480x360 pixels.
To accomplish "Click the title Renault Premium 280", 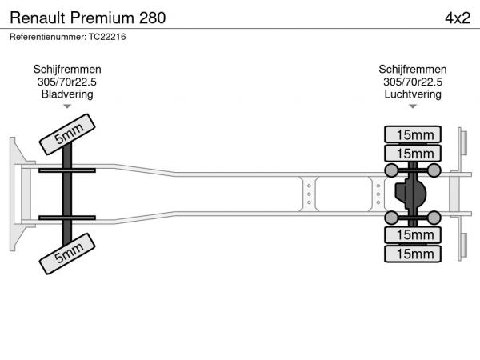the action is tap(88, 18).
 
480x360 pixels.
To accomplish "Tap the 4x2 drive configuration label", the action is tap(458, 18).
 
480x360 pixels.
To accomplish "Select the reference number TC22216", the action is tap(107, 37).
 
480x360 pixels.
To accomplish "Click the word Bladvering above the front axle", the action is tap(67, 94).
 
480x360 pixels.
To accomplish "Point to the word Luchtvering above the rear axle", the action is tap(413, 94).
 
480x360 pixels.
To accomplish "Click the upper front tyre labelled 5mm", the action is tap(67, 134).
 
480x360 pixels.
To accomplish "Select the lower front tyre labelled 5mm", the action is tap(67, 254).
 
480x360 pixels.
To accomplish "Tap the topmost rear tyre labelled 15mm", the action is tap(413, 134).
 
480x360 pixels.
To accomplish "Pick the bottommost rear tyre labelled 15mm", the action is tap(413, 254).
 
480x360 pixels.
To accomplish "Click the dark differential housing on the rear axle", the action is tap(410, 194).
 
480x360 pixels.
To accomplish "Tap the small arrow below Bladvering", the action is tap(67, 106).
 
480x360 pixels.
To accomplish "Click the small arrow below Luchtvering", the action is tap(413, 106).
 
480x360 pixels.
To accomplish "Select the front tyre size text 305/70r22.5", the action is tap(67, 82).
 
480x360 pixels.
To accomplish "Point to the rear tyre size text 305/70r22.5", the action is tap(413, 82).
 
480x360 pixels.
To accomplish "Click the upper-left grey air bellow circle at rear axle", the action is tap(391, 170).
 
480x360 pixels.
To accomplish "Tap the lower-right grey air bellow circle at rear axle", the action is tap(434, 218).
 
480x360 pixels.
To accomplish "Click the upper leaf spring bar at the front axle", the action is tap(67, 170).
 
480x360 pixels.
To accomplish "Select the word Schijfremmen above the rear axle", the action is tap(413, 69).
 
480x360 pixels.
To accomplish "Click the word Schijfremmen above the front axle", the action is tap(67, 69).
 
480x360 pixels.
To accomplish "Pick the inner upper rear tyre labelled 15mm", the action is tap(413, 154).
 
